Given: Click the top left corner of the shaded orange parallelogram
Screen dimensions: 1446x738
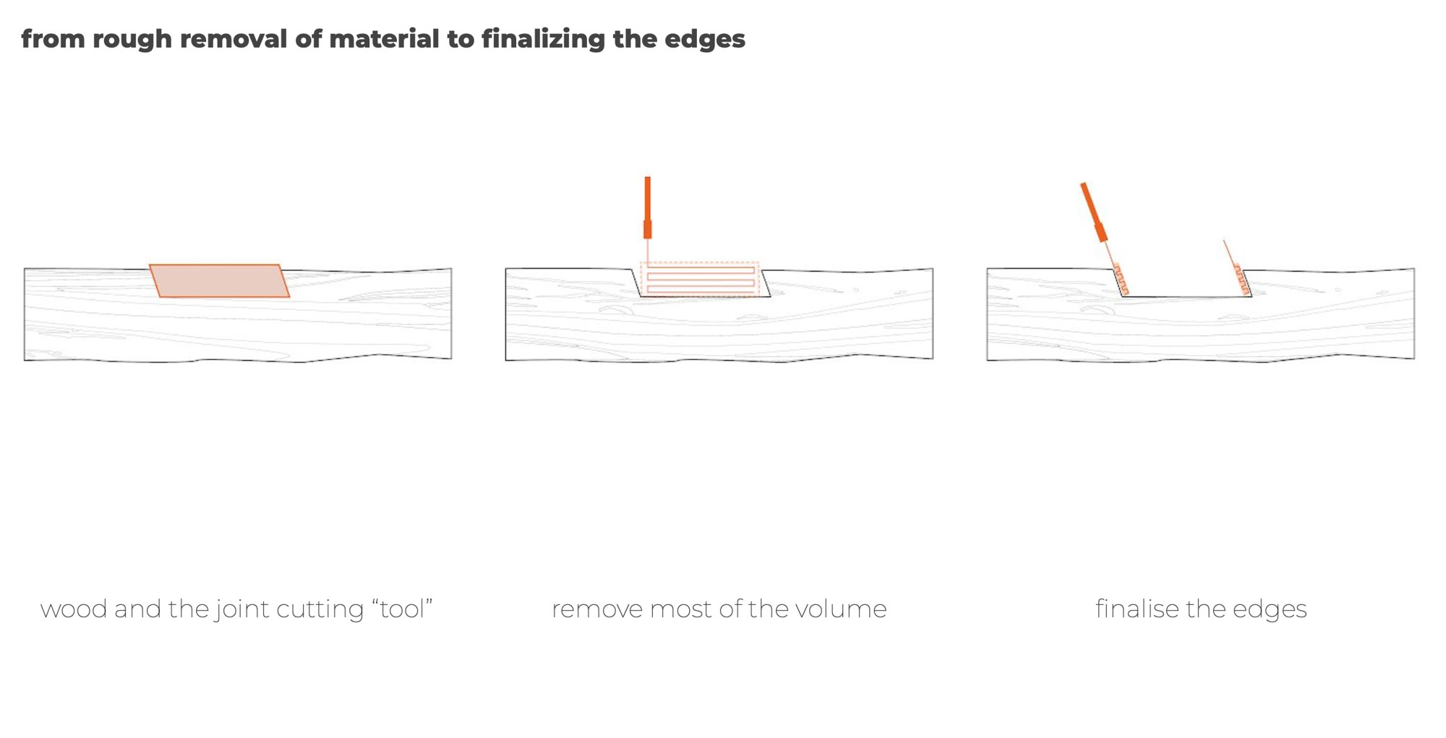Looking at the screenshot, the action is pos(150,265).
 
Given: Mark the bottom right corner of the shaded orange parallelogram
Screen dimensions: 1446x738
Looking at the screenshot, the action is pos(289,296).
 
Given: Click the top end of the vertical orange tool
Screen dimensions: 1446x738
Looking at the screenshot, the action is pos(648,177).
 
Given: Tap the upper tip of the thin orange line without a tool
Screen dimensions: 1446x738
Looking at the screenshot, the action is pos(1224,241).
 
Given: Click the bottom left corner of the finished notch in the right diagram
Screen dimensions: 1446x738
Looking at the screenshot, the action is pos(1123,296).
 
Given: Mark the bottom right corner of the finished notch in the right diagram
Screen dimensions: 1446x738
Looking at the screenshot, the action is pos(1252,296).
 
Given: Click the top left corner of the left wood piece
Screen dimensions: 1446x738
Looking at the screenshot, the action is pos(25,269).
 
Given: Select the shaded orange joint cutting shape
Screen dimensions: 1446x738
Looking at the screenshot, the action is pos(219,280).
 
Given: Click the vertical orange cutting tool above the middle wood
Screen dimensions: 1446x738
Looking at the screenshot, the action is pos(648,208).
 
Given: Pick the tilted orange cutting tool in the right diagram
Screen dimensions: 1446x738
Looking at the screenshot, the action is pos(1094,213).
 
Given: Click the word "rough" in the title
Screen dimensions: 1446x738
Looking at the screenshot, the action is pos(132,39).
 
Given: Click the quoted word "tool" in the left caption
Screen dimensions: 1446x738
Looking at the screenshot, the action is pos(403,609).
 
